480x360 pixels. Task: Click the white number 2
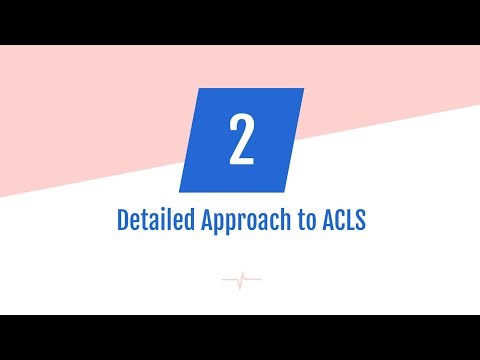point(240,141)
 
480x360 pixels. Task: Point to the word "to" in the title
point(301,221)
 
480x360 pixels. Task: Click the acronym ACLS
point(342,220)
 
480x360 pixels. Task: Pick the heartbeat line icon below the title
point(240,280)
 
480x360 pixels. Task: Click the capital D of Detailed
point(122,220)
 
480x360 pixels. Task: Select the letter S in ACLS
point(361,220)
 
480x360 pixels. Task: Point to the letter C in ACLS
point(337,220)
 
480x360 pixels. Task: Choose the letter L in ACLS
point(349,220)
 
